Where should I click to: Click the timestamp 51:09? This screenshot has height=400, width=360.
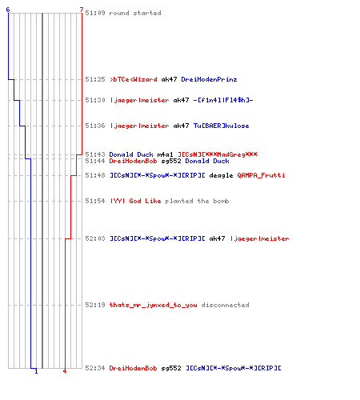(95, 13)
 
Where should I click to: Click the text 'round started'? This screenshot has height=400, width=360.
(135, 13)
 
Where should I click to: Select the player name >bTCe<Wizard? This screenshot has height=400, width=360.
(134, 79)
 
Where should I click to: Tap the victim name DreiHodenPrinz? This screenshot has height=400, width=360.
(209, 79)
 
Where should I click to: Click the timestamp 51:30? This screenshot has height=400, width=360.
(95, 100)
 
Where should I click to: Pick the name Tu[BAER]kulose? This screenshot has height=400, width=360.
(222, 126)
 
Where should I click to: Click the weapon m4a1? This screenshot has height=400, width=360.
(166, 154)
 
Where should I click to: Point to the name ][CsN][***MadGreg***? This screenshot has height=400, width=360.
(218, 154)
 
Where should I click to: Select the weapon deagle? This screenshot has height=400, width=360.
(221, 175)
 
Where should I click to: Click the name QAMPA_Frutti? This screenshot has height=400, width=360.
(261, 175)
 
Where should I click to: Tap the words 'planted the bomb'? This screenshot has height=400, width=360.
(197, 201)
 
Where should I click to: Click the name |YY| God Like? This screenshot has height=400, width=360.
(135, 201)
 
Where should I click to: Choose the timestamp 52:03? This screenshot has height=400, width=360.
(95, 238)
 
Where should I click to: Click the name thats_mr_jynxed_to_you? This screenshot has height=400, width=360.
(154, 305)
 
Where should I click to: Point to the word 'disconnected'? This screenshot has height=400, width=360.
(226, 305)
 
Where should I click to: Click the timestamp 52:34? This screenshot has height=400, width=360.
(95, 368)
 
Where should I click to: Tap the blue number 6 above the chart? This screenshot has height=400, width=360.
(8, 10)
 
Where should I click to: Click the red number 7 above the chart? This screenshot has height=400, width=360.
(82, 10)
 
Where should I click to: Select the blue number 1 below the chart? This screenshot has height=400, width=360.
(36, 371)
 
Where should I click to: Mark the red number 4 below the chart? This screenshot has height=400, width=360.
(65, 371)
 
